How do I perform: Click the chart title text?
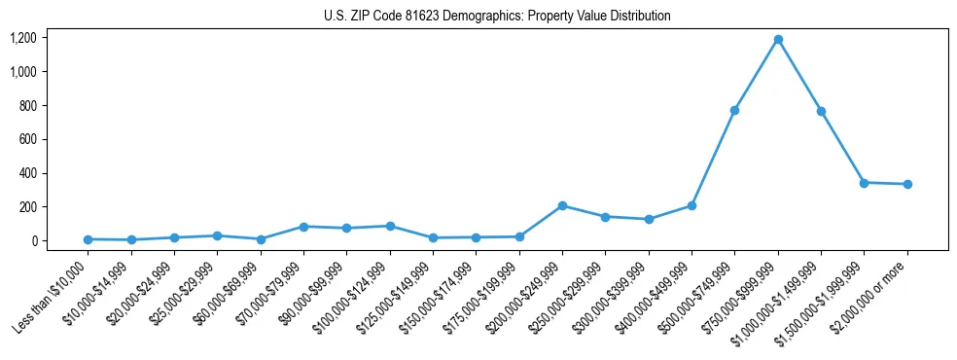pos(497,17)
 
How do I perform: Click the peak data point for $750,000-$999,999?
pos(778,40)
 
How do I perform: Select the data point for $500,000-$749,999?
pos(735,110)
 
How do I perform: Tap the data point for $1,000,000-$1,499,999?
pos(821,111)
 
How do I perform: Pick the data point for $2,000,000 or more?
pos(907,184)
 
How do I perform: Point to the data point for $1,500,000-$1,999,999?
pos(865,183)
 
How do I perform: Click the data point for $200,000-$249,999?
pos(562,205)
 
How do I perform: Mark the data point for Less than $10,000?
pos(88,239)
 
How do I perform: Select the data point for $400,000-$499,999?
pos(691,205)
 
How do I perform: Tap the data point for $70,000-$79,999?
pos(303,227)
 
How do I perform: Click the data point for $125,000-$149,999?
pos(433,237)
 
